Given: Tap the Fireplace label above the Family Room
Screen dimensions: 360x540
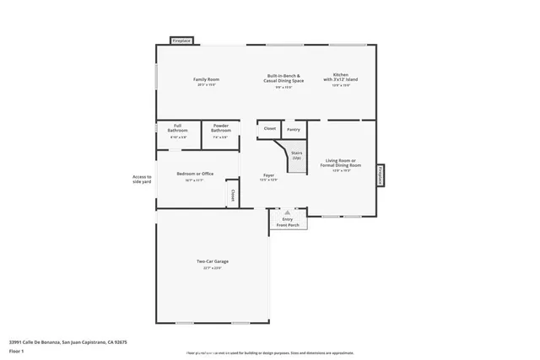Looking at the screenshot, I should [181, 40].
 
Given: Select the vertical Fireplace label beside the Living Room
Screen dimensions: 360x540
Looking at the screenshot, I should [381, 175].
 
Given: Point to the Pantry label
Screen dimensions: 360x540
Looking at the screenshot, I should [294, 129].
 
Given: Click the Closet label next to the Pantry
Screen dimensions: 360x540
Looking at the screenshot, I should [270, 129].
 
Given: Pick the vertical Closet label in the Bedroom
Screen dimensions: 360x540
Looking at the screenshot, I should [231, 196].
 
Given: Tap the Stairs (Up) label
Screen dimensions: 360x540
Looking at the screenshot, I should [297, 156].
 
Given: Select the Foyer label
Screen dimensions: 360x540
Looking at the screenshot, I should [268, 175].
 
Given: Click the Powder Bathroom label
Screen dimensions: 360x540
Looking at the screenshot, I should [221, 128].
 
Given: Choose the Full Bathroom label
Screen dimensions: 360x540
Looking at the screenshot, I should [177, 128].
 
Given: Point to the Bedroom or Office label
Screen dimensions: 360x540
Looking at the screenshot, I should [195, 174].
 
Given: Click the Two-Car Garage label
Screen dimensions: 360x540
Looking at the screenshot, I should [213, 261].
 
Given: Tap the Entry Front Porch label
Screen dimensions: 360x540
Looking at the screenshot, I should [288, 221].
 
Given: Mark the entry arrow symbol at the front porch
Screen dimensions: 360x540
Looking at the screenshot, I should [288, 212].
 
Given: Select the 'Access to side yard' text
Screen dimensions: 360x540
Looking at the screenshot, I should [142, 179].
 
